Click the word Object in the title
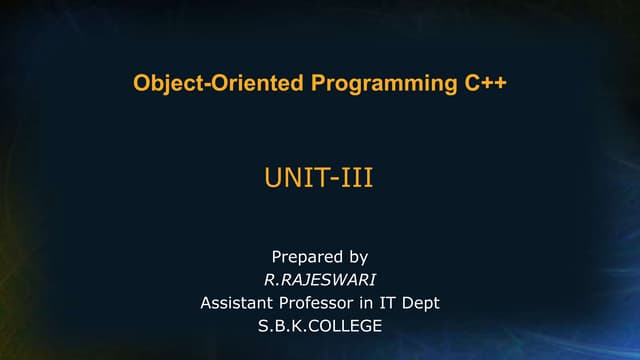coord(163,83)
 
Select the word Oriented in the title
coord(242,83)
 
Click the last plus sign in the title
coord(498,83)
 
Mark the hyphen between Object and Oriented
coord(198,84)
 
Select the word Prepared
coord(308,257)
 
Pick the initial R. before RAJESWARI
coord(269,280)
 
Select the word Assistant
coord(239,302)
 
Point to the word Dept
coord(424,302)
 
